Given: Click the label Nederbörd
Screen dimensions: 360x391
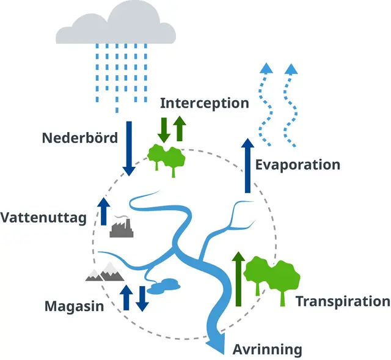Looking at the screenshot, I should [x=79, y=138].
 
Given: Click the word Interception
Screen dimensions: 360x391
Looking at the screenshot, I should [x=205, y=103].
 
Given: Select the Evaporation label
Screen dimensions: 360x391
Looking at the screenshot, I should [x=298, y=164].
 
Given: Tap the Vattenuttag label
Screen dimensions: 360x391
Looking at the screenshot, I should [x=43, y=218].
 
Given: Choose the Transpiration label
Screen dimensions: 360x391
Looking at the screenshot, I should [x=343, y=301].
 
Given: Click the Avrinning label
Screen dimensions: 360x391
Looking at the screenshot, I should [x=268, y=350].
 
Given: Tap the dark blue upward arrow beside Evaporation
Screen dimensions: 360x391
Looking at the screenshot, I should [x=247, y=166].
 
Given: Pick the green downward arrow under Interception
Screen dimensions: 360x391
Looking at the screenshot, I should [x=164, y=128].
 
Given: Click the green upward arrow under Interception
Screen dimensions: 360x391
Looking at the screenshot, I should [x=179, y=128].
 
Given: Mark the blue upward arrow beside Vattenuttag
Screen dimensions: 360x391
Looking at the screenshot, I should [x=104, y=211].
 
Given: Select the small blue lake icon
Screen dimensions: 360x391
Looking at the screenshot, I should [x=164, y=285].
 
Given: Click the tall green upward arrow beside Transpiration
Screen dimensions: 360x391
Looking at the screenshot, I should [x=238, y=279].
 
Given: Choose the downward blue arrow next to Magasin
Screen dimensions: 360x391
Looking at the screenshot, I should [x=142, y=298].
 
